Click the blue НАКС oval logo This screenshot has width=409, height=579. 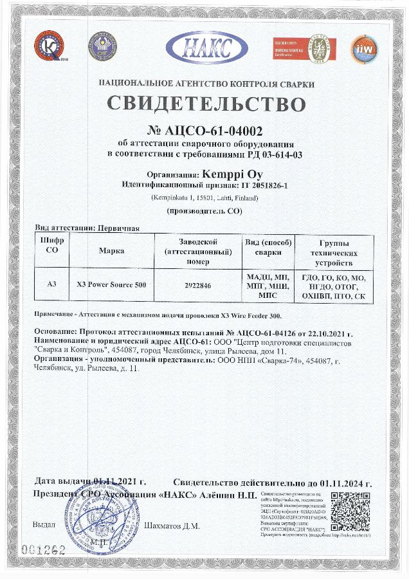pyautogui.click(x=206, y=47)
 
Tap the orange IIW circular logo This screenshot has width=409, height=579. pyautogui.click(x=363, y=48)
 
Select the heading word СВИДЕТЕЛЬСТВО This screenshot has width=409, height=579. pyautogui.click(x=206, y=104)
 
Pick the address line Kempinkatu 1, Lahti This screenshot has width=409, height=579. pyautogui.click(x=205, y=198)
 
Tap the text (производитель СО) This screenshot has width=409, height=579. pyautogui.click(x=205, y=211)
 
